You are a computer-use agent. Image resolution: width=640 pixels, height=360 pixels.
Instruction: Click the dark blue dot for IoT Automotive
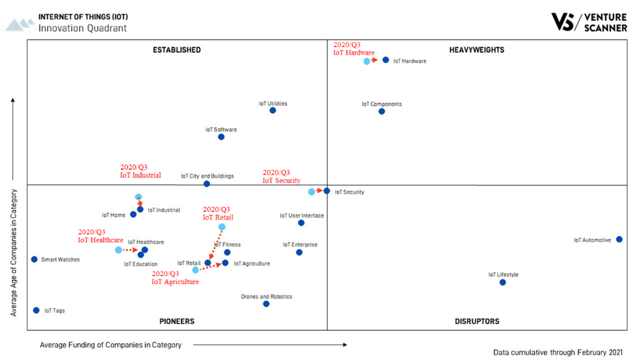coord(619,239)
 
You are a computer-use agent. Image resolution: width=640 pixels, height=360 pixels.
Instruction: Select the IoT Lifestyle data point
coord(503,282)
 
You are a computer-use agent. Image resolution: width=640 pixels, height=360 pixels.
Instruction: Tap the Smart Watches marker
coord(34,259)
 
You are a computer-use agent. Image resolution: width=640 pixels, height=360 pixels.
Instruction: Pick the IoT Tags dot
coord(36,310)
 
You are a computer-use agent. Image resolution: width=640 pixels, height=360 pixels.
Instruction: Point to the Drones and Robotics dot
coord(266,304)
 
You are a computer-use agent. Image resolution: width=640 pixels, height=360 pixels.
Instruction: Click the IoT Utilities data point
coord(273,110)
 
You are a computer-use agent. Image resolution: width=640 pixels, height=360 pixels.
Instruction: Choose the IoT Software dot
coord(221,137)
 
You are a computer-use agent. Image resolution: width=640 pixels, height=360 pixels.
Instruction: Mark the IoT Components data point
coord(381,111)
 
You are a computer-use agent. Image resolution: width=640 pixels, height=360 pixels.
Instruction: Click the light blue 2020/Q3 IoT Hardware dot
coord(367,61)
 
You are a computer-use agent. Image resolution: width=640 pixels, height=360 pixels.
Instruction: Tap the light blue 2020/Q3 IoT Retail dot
coord(222,227)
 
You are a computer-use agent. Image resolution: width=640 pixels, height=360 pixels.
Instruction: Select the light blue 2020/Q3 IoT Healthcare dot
coord(118,250)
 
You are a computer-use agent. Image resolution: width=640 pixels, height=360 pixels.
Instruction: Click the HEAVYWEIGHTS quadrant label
coord(476,50)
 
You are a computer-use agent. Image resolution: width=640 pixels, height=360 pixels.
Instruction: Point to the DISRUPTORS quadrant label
coord(477,321)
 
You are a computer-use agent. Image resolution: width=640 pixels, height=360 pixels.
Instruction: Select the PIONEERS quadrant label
coord(177,321)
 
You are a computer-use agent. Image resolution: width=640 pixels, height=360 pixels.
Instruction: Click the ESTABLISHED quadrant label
coord(177,50)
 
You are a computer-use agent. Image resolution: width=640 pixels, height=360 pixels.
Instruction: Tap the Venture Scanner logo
coord(589,22)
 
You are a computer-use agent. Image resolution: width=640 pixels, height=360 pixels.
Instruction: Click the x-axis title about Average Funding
coord(110,345)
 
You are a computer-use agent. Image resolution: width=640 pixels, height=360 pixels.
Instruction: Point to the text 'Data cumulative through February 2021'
coord(558,352)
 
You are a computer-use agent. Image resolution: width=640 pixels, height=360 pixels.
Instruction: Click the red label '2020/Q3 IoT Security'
coord(281,176)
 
